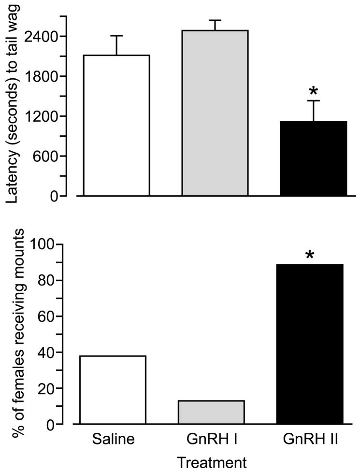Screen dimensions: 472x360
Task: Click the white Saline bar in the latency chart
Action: click(x=116, y=126)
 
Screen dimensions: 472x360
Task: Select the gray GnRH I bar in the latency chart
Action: click(x=215, y=113)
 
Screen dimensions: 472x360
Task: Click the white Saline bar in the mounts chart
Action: click(x=113, y=390)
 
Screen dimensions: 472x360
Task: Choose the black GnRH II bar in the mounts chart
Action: click(x=310, y=344)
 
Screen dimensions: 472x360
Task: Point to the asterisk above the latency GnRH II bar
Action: click(x=313, y=91)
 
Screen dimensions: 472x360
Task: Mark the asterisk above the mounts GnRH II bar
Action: click(x=310, y=254)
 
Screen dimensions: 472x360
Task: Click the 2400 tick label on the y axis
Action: click(x=46, y=37)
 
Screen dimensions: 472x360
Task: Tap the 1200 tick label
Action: click(x=46, y=116)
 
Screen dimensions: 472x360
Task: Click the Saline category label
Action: click(x=113, y=440)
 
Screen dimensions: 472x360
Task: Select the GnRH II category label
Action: click(x=310, y=440)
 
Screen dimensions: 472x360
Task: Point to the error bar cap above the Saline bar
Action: click(x=116, y=36)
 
